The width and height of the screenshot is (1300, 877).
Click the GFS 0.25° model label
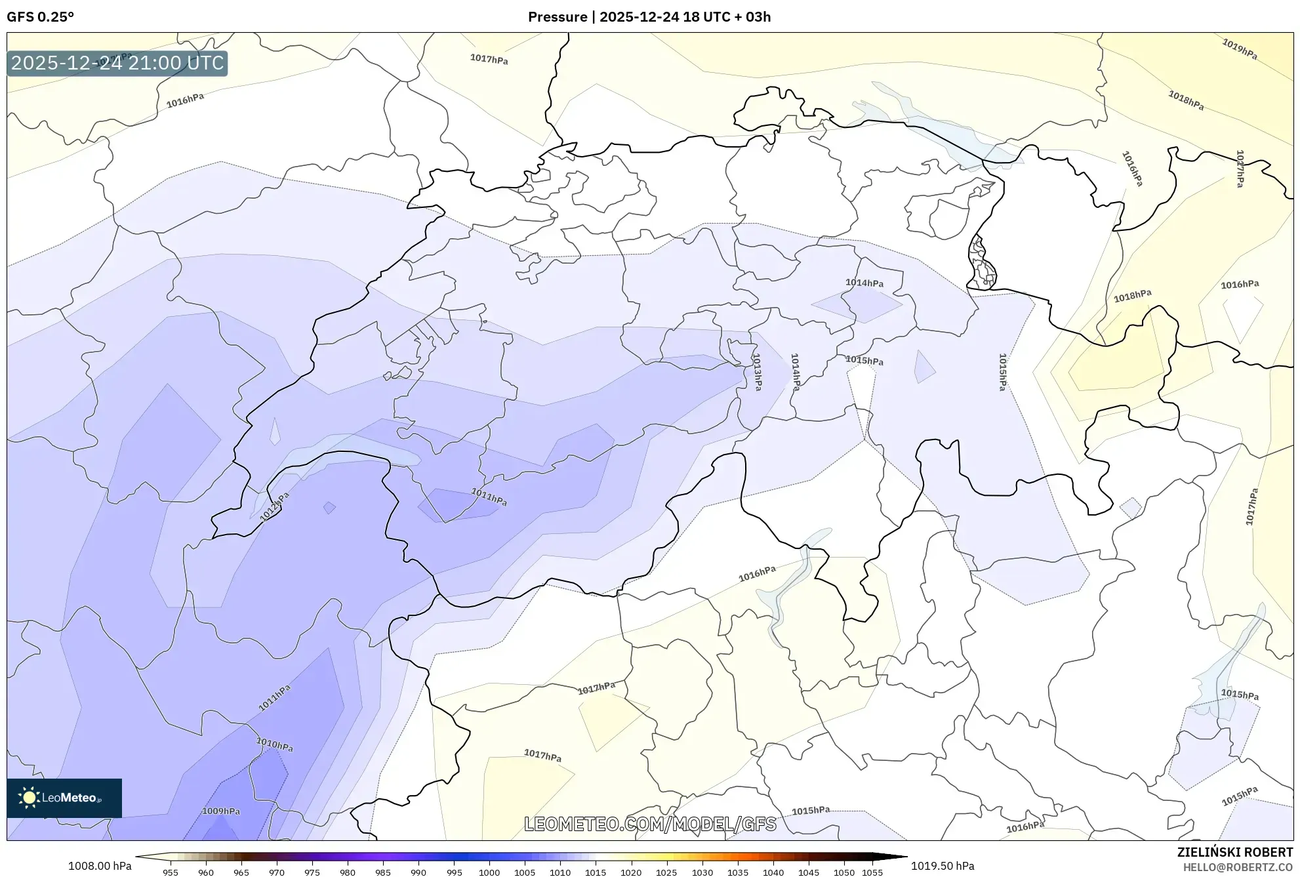40,17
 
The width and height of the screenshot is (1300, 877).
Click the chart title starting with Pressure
649,17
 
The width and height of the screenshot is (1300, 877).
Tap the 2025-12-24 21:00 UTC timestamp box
117,63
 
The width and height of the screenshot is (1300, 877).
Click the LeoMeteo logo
64,798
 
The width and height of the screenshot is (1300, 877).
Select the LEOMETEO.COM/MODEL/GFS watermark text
650,824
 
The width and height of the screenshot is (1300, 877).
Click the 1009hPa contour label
220,811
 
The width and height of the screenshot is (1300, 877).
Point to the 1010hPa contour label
274,744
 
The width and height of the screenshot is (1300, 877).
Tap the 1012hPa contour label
274,507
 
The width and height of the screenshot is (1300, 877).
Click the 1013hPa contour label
757,372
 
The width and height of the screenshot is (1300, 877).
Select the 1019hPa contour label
1239,49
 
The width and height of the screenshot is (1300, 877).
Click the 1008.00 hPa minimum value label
100,866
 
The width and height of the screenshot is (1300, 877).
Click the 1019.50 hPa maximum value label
942,866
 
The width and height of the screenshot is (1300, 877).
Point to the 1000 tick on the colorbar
489,872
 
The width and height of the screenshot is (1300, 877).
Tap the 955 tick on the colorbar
171,872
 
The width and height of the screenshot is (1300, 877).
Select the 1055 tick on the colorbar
872,872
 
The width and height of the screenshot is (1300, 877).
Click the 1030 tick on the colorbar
702,872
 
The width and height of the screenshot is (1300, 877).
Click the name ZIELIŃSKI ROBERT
1234,852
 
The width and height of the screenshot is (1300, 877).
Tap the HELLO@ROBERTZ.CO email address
1237,867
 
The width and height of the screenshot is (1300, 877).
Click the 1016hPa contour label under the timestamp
185,100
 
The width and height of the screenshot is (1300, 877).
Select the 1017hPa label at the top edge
489,59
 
